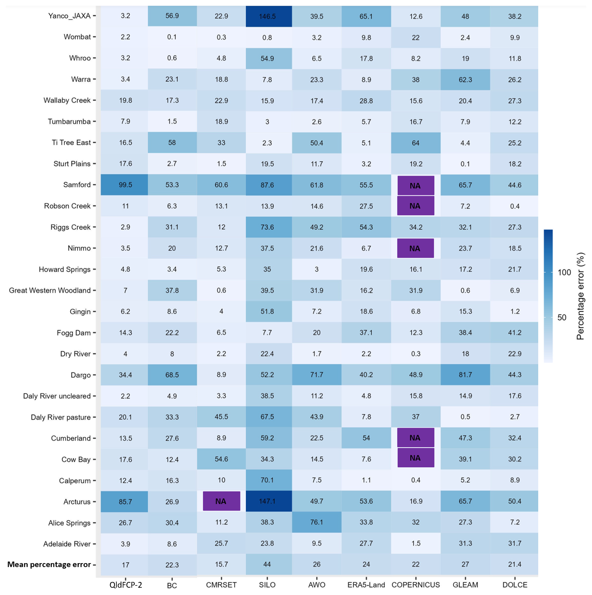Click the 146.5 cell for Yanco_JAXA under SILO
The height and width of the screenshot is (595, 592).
pos(267,17)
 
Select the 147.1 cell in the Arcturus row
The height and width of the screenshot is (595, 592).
pos(267,501)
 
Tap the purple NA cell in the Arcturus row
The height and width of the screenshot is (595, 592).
pos(221,501)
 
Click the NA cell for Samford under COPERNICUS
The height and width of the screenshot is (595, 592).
pos(416,186)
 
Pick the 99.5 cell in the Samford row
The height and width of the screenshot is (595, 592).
pos(125,185)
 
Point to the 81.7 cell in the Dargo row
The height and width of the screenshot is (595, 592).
pos(465,375)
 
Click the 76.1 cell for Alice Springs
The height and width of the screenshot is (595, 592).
pos(317,522)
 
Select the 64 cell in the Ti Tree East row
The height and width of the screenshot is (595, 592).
pos(416,143)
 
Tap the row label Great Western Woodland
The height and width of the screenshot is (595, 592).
pos(50,290)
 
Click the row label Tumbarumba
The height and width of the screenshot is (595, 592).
pos(69,121)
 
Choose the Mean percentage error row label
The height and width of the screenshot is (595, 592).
pos(49,564)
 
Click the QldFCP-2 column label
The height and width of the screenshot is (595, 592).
pos(126,585)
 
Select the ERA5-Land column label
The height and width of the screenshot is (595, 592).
pos(366,585)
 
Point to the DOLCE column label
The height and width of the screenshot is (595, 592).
pos(515,585)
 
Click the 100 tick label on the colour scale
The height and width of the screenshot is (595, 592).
pos(564,273)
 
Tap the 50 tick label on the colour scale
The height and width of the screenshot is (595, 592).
pos(562,317)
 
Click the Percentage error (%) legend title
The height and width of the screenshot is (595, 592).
pos(580,296)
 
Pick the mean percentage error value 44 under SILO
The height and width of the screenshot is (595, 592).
pos(267,564)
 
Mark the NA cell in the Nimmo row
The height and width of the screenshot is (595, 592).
pos(415,248)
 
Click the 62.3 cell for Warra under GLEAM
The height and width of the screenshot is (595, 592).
pos(465,79)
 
